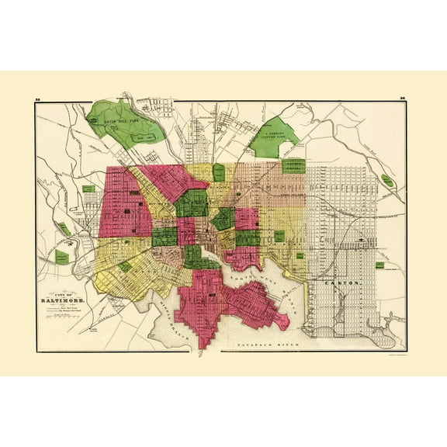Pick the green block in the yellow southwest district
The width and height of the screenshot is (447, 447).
(125, 266)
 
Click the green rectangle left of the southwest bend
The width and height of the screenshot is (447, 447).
(64, 257)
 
